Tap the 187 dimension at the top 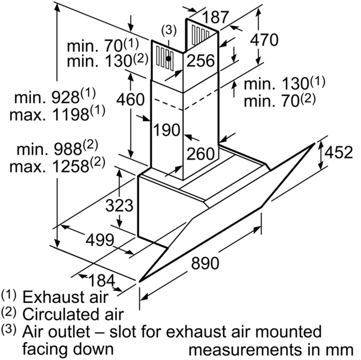[216, 17]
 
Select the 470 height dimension [264, 40]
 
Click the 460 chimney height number [131, 99]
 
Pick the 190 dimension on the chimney [167, 130]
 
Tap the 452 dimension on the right [339, 152]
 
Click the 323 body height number [119, 205]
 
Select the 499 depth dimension [100, 240]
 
